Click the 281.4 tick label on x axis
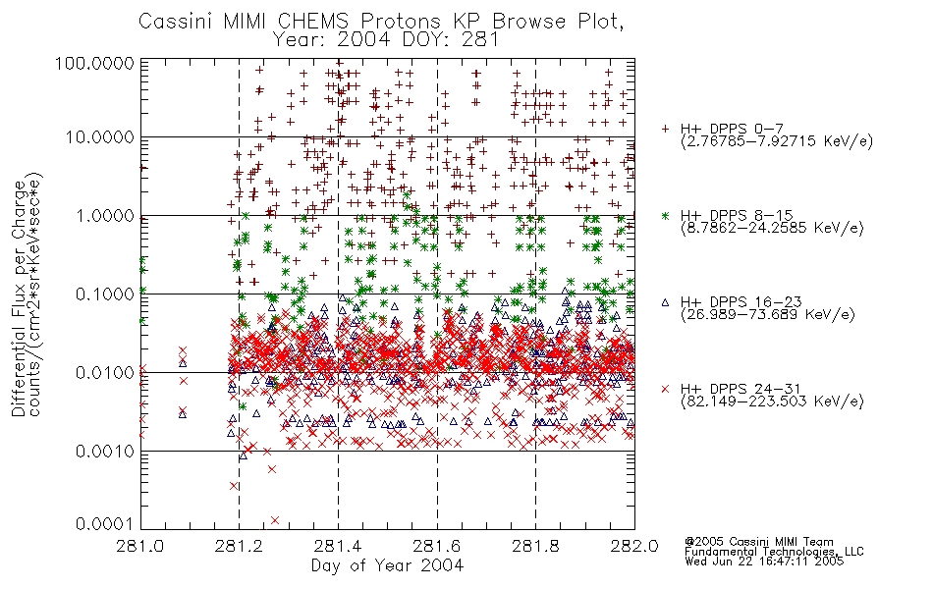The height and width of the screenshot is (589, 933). click(338, 546)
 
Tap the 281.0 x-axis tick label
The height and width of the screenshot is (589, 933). click(140, 546)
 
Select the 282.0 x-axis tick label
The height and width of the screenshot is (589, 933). click(634, 546)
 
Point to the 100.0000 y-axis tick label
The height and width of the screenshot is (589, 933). click(95, 63)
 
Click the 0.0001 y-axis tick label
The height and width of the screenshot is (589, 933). click(105, 523)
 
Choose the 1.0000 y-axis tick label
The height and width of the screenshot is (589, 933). click(105, 215)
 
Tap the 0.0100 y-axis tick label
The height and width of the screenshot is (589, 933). click(105, 373)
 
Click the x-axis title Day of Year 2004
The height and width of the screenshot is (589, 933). click(387, 565)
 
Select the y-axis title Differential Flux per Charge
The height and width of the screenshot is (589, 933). click(19, 298)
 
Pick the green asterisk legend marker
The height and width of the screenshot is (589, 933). click(665, 215)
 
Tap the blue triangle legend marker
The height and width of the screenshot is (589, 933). click(665, 302)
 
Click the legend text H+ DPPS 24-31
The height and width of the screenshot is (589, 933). click(741, 389)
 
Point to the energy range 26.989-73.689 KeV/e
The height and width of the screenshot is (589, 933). click(768, 315)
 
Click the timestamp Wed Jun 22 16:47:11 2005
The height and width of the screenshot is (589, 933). click(764, 562)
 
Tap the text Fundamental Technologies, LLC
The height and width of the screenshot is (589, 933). click(774, 552)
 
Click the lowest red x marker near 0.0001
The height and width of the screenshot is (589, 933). click(275, 520)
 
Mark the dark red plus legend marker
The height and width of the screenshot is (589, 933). click(665, 129)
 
